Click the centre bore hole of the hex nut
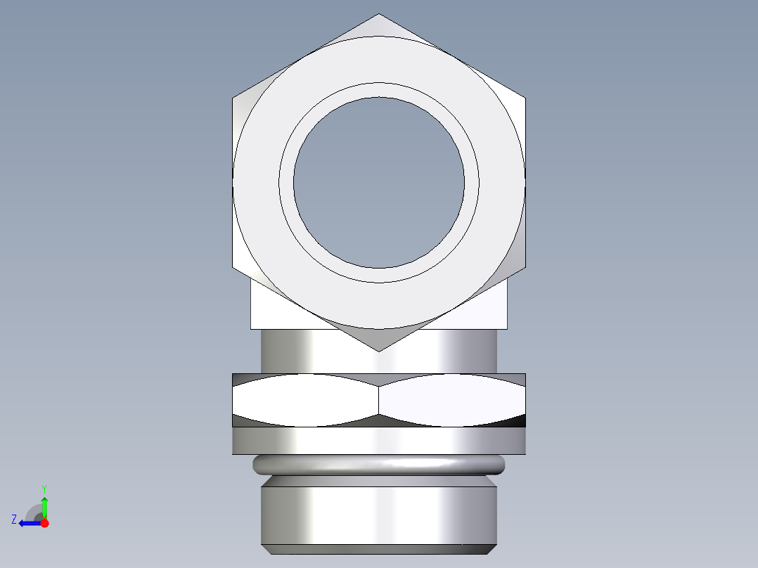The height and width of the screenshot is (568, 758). (379, 183)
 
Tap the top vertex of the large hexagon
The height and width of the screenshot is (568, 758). (379, 14)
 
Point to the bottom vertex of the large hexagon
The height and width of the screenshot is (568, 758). (379, 351)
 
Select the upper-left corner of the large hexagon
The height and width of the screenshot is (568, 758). (233, 98)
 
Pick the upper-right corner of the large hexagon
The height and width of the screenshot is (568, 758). (525, 98)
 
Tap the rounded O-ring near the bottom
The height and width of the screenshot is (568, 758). (379, 464)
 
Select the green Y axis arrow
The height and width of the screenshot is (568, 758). (44, 507)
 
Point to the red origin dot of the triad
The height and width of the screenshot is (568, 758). (44, 523)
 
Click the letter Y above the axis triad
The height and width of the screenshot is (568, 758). (44, 488)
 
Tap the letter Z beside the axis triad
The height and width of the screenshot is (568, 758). (14, 519)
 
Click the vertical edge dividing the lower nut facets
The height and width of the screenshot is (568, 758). (379, 400)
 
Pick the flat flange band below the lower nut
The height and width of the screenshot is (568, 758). (379, 441)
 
